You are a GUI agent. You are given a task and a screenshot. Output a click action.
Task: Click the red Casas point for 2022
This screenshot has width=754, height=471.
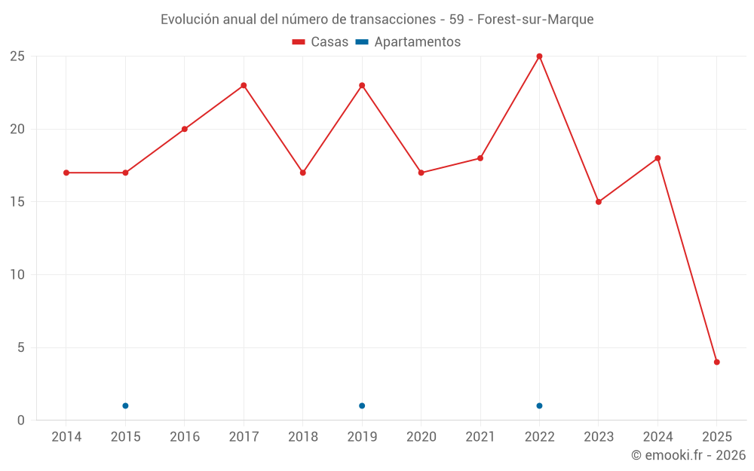(x=539, y=56)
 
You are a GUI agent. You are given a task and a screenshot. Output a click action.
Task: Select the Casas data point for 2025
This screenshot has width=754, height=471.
(x=716, y=362)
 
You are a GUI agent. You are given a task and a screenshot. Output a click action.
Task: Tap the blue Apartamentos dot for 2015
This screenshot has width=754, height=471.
(x=125, y=405)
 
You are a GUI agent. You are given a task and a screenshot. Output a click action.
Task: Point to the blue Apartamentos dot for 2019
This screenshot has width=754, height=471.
(x=362, y=405)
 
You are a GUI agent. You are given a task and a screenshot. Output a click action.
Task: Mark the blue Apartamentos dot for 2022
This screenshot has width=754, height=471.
(x=539, y=405)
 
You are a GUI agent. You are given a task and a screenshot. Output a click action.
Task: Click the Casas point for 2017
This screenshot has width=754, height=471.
(x=244, y=85)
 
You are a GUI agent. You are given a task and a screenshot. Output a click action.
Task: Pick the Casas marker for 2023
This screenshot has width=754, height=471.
(x=599, y=202)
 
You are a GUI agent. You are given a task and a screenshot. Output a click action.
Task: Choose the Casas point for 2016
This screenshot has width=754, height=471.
(x=185, y=129)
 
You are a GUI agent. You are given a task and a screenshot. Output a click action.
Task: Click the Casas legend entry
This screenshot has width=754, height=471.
(x=320, y=42)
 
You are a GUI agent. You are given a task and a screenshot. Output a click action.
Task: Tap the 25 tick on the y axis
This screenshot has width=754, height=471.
(x=17, y=57)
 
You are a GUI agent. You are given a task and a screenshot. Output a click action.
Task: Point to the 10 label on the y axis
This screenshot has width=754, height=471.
(x=17, y=275)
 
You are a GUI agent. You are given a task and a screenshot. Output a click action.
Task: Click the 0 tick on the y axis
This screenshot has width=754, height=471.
(x=21, y=421)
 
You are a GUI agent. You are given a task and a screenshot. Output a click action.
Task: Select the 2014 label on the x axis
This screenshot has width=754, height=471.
(x=66, y=437)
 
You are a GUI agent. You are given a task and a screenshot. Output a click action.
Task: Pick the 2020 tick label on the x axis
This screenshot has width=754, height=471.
(x=421, y=437)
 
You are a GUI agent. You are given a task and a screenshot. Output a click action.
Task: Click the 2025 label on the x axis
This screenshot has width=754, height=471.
(x=716, y=437)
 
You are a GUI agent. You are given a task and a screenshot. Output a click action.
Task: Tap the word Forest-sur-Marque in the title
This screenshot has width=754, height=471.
(x=535, y=20)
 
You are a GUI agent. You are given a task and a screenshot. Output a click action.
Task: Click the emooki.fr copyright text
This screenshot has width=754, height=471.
(x=688, y=455)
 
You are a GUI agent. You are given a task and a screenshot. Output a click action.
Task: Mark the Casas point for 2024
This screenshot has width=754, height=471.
(x=657, y=158)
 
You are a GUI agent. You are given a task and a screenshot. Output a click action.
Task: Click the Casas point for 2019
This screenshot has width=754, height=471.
(x=362, y=85)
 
